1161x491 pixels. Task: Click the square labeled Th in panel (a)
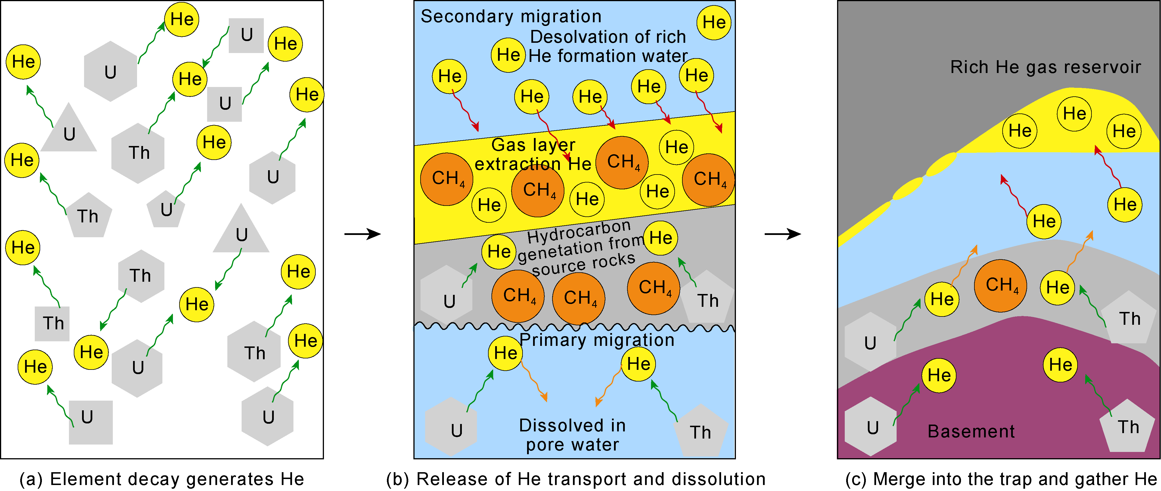coord(52,324)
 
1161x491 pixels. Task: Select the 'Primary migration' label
coord(597,340)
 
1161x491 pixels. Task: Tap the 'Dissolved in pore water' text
coord(572,435)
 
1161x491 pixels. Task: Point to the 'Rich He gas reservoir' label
coord(1046,67)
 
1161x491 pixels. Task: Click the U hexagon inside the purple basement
coord(870,427)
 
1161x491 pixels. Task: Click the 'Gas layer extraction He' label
coord(533,154)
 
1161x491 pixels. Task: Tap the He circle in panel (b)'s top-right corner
coord(714,23)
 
